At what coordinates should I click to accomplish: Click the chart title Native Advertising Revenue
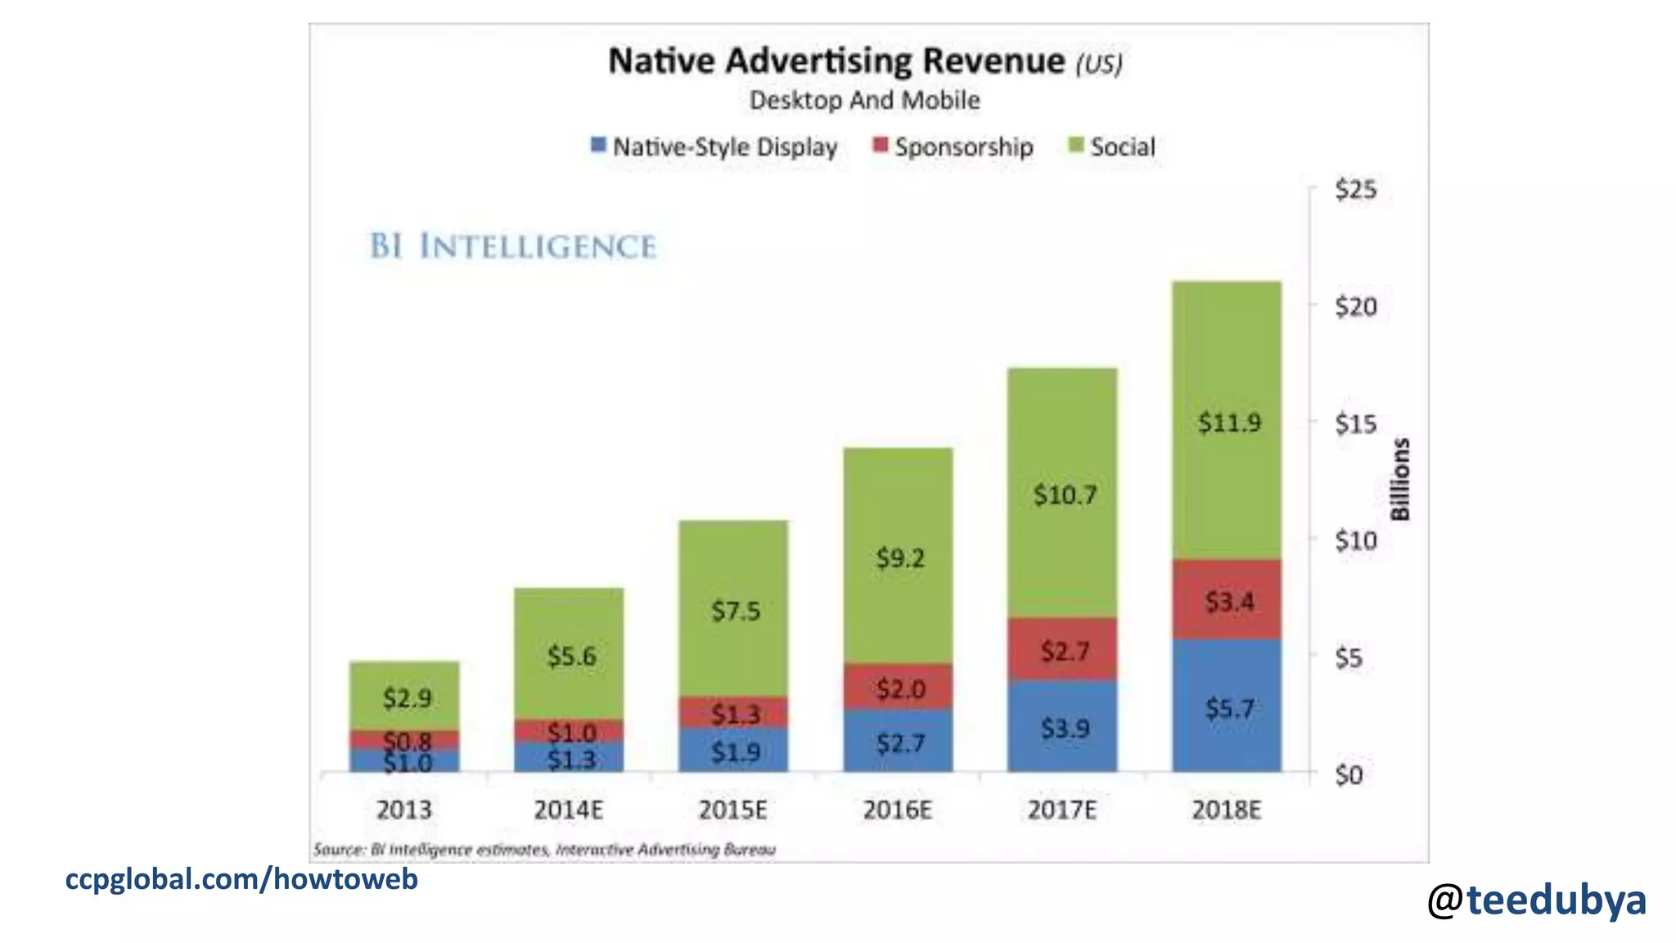tap(836, 61)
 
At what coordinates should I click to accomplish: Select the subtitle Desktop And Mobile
tap(864, 101)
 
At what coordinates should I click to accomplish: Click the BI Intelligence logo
tap(513, 246)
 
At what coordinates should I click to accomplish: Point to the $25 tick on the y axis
tap(1355, 190)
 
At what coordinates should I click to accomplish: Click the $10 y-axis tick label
tap(1355, 541)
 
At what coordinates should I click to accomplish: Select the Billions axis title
tap(1400, 480)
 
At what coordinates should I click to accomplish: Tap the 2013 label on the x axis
tap(403, 810)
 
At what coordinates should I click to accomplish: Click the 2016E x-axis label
tap(897, 810)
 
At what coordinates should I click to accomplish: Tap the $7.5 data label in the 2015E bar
tap(735, 611)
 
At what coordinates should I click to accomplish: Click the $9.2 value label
tap(899, 559)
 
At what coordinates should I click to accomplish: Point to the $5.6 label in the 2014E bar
tap(571, 656)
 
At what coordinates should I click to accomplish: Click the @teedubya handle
tap(1536, 900)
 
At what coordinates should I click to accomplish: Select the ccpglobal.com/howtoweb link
tap(241, 879)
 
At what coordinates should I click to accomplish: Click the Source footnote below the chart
tap(544, 850)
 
